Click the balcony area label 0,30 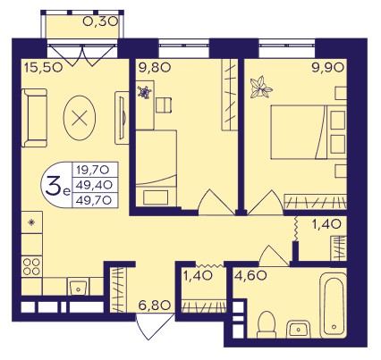coord(100,21)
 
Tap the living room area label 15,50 coord(44,68)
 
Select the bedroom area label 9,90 coord(328,68)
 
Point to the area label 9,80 coord(155,68)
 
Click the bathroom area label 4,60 coord(250,276)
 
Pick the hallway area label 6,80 coord(155,306)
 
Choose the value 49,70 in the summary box coord(94,200)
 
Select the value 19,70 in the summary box coord(93,170)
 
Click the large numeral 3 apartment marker coord(53,185)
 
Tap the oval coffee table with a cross coord(80,118)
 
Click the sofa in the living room coord(34,118)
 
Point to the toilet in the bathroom coord(267,325)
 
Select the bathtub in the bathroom coord(334,306)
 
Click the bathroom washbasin coord(299,330)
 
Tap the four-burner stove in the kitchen coord(31,267)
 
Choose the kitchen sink coord(78,286)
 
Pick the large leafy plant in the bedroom coord(261,88)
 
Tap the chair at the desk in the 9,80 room coord(164,105)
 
